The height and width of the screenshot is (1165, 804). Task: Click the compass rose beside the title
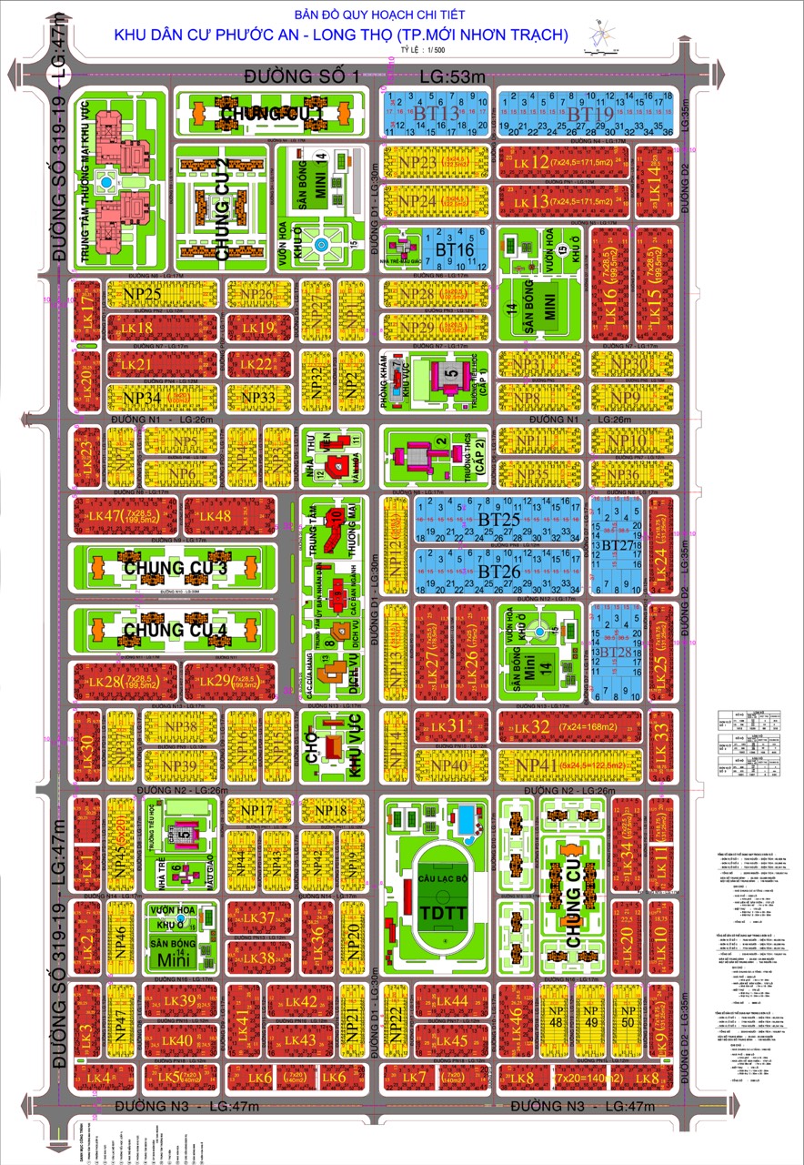click(x=599, y=35)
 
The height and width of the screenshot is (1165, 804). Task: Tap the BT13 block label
click(x=435, y=113)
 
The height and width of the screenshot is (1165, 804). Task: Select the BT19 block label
click(x=591, y=114)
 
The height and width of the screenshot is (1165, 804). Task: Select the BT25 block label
click(x=497, y=520)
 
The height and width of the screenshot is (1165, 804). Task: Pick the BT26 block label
click(x=497, y=571)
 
